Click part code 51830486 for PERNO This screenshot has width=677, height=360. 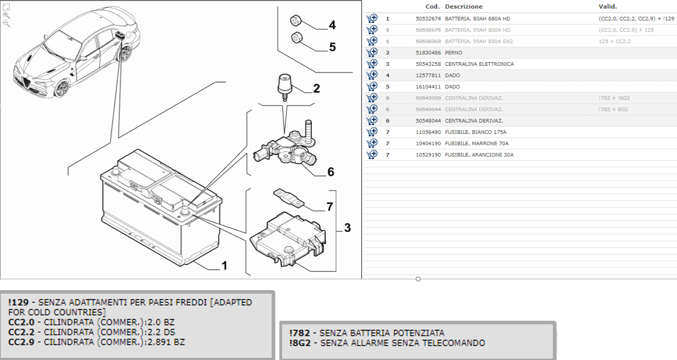[x=428, y=53]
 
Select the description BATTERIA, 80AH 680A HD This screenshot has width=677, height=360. [x=478, y=19]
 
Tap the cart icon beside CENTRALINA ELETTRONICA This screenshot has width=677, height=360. [x=372, y=64]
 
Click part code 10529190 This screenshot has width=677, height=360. [x=428, y=155]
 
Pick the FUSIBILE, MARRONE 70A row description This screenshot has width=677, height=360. [x=477, y=143]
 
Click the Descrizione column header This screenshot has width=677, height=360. [x=464, y=7]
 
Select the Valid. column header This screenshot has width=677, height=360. [x=607, y=7]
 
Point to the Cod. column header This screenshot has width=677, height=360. [x=433, y=7]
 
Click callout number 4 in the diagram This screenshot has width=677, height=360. [x=332, y=25]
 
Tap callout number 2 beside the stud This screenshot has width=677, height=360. [x=316, y=88]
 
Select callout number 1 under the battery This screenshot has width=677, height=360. [x=224, y=266]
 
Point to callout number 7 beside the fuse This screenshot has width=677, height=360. [x=330, y=207]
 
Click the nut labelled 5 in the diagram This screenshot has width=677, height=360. [x=297, y=38]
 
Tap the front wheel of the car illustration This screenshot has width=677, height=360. [x=61, y=88]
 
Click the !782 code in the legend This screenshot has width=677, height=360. [x=297, y=333]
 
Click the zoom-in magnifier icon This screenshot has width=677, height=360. [x=6, y=15]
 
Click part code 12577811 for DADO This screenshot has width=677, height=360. [x=428, y=75]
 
